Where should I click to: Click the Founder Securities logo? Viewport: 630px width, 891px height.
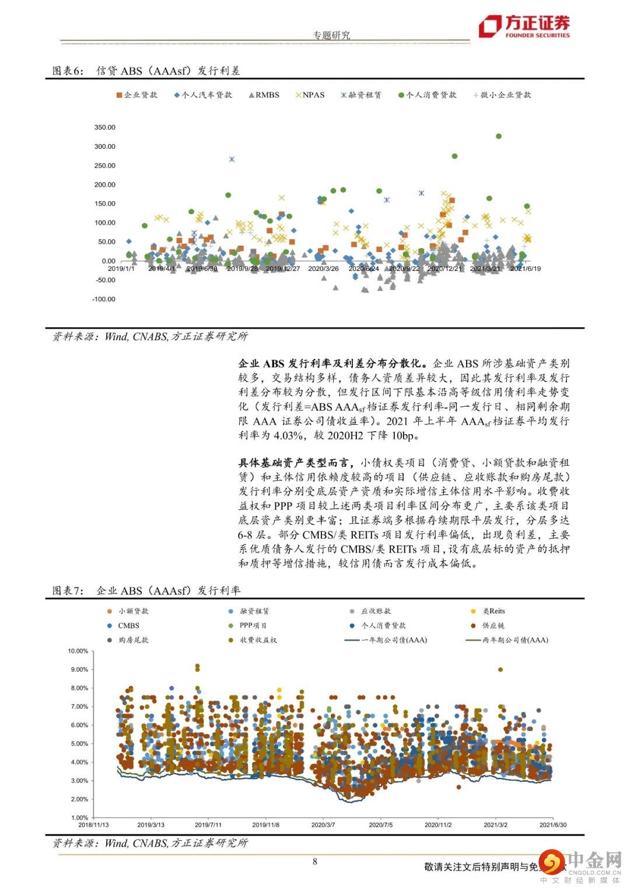pyautogui.click(x=524, y=27)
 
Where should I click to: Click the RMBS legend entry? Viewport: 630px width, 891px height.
pyautogui.click(x=264, y=95)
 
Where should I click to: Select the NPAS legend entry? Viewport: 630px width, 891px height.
pyautogui.click(x=310, y=95)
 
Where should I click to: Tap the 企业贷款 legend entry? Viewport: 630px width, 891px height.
pyautogui.click(x=137, y=95)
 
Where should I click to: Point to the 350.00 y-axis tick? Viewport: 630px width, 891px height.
pyautogui.click(x=105, y=127)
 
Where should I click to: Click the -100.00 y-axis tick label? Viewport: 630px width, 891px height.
pyautogui.click(x=104, y=299)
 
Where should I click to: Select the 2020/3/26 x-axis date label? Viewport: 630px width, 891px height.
pyautogui.click(x=323, y=269)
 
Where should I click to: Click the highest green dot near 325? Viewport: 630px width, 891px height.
pyautogui.click(x=499, y=136)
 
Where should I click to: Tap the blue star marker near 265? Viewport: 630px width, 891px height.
pyautogui.click(x=232, y=159)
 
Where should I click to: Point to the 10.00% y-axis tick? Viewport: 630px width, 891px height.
pyautogui.click(x=78, y=651)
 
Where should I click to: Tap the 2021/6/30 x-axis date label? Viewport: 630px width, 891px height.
pyautogui.click(x=552, y=825)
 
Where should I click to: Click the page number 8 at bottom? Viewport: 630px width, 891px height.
pyautogui.click(x=315, y=861)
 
